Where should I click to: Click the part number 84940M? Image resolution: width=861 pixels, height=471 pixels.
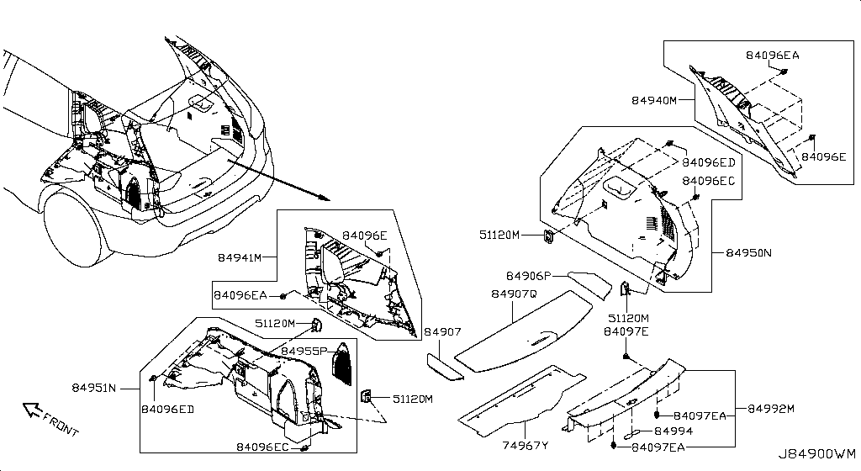(654, 100)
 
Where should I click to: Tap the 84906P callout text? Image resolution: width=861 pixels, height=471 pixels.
(528, 276)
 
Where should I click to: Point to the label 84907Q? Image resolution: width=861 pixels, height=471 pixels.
(513, 294)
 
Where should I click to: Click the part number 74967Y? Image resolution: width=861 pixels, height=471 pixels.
(526, 446)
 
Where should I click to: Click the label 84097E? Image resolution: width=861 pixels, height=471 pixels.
(626, 332)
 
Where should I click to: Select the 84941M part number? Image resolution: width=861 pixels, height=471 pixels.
(240, 257)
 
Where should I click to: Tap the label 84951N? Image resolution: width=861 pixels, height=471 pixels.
(93, 388)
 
